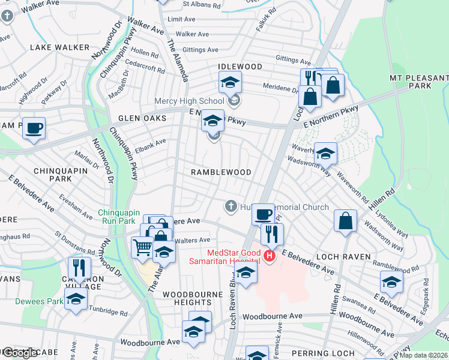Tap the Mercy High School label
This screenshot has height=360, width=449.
[189, 101]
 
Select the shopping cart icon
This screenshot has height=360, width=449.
[142, 246]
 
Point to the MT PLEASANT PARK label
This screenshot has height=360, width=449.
[418, 82]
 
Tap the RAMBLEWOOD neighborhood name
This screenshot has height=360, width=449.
[221, 172]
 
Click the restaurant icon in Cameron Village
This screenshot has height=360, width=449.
[79, 267]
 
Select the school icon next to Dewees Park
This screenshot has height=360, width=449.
[76, 300]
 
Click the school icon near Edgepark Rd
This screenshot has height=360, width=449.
[391, 283]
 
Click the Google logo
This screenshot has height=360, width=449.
[21, 353]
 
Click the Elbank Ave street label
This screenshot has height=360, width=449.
[150, 143]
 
